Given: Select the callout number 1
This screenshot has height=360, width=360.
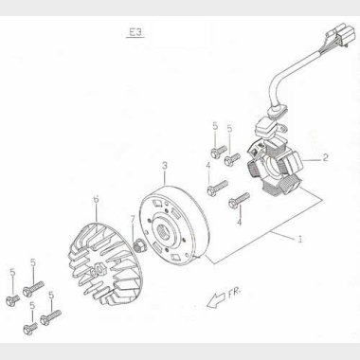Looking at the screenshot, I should (300, 240).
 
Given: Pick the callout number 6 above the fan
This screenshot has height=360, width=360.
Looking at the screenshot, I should (96, 199).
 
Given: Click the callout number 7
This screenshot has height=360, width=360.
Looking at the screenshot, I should (132, 219).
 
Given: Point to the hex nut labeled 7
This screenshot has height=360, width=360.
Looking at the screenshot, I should (139, 247).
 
